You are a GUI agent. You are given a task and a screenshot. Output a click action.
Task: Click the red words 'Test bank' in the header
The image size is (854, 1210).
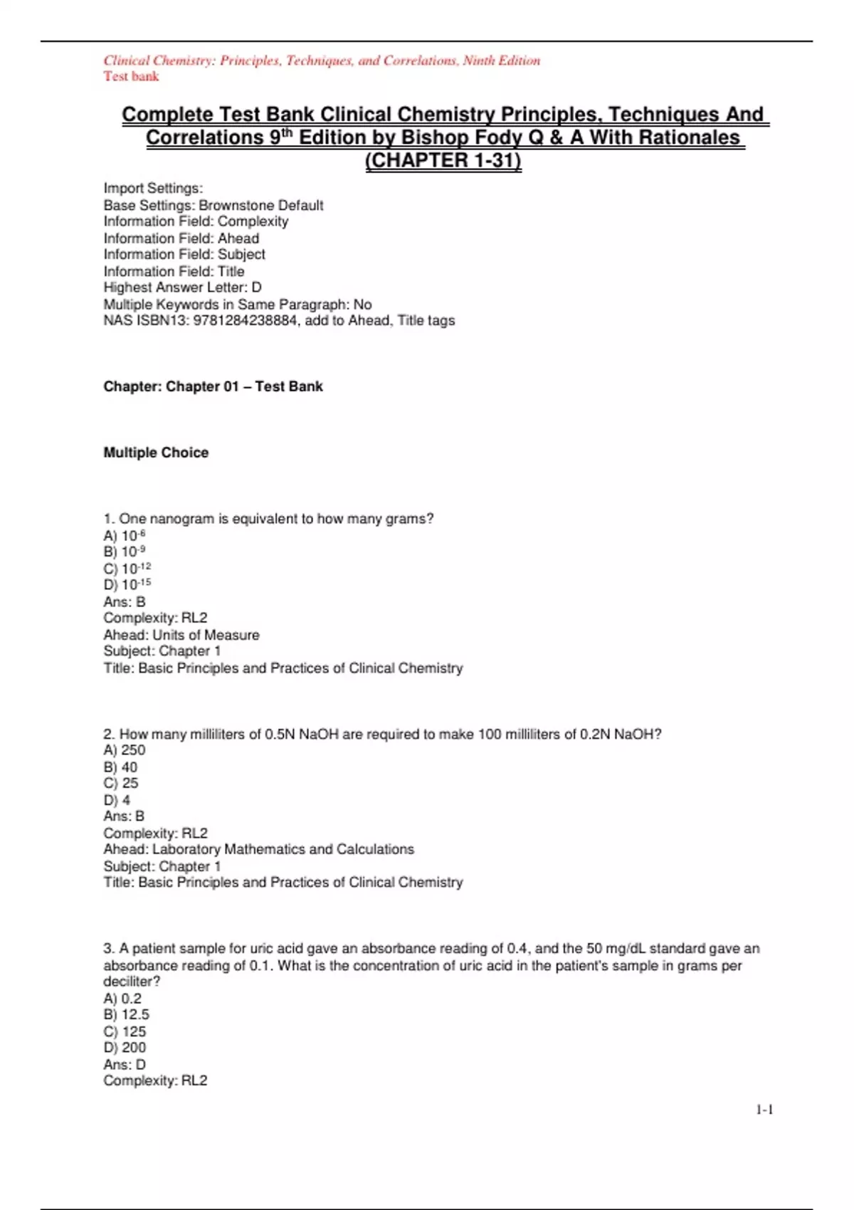(x=131, y=77)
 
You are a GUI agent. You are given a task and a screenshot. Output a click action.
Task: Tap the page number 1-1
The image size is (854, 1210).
(x=764, y=1110)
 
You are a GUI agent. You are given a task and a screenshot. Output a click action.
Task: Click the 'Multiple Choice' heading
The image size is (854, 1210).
(x=156, y=453)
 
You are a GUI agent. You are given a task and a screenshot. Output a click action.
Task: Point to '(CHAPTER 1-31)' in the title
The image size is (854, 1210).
(x=443, y=161)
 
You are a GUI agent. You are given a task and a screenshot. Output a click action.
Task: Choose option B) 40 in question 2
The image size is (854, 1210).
(x=120, y=767)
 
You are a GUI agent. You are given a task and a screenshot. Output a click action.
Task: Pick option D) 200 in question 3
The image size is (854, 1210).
(x=125, y=1048)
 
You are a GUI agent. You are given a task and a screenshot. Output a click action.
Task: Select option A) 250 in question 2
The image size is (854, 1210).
(x=124, y=750)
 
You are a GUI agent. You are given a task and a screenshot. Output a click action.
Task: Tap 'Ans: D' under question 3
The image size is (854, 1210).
(x=125, y=1065)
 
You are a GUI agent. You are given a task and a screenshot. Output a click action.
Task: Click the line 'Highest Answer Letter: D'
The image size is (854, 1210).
(x=182, y=288)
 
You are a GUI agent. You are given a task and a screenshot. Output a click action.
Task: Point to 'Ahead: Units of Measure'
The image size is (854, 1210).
(x=181, y=635)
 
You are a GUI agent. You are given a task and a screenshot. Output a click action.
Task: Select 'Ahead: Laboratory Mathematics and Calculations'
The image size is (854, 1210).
(x=258, y=849)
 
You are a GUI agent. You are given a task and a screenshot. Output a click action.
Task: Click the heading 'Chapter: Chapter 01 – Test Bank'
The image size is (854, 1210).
(x=213, y=386)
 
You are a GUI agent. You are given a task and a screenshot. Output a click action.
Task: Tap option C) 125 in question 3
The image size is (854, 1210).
(x=125, y=1031)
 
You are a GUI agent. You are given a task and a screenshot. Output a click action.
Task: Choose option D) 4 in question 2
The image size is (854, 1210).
(x=117, y=800)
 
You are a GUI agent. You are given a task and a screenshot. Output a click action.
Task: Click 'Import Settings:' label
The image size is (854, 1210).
(x=153, y=189)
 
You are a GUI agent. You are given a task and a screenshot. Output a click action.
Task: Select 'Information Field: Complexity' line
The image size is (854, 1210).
(x=196, y=221)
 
